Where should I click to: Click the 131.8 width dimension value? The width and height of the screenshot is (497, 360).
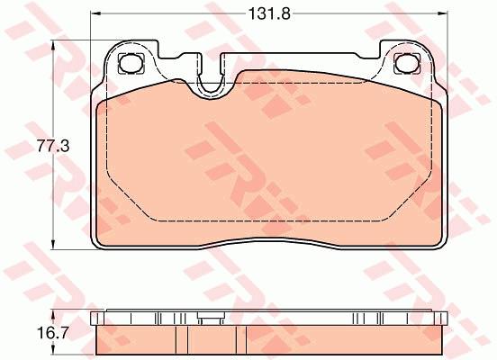tap(269, 13)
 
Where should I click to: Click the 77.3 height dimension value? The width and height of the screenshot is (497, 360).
tap(53, 146)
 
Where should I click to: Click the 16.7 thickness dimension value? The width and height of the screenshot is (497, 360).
tap(53, 333)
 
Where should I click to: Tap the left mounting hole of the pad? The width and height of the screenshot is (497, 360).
tap(131, 63)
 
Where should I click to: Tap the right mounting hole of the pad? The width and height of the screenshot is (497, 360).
tap(407, 63)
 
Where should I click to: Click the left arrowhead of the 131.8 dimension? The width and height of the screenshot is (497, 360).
tap(96, 13)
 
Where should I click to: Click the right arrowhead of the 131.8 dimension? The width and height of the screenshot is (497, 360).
tap(442, 13)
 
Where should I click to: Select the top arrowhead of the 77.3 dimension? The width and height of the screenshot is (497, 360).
tap(53, 45)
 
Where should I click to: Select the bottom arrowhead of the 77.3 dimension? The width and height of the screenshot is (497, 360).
tap(53, 244)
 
